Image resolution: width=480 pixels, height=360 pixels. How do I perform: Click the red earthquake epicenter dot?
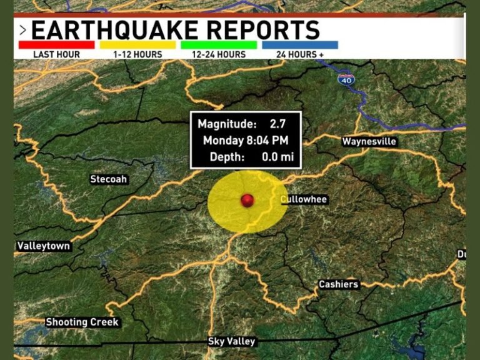pos(247,200)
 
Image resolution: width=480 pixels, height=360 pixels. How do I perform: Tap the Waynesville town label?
pos(369,142)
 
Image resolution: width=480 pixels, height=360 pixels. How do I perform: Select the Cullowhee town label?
pos(304,199)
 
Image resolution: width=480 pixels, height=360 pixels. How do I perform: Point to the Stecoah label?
pos(109,179)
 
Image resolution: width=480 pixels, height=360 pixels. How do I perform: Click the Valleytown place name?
pos(44,246)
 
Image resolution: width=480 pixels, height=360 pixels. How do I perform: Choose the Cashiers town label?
pos(339,284)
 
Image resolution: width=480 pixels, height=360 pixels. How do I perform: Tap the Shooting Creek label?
pos(82,322)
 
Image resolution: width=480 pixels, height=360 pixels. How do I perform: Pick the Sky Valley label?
pos(231,341)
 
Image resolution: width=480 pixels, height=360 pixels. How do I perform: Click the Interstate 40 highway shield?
pos(347,79)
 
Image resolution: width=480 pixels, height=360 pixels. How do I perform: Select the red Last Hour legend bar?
pos(56,45)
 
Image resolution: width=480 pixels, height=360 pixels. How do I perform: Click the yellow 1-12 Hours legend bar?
pos(137,45)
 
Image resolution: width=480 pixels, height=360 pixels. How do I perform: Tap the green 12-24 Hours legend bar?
pos(219,45)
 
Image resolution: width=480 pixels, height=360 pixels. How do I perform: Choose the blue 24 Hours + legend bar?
pos(300,45)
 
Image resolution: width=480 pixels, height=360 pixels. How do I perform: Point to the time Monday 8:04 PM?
pos(245,141)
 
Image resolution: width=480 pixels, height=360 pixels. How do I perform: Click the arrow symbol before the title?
pos(22,30)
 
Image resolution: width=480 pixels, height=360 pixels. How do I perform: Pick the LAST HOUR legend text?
pos(56,54)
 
